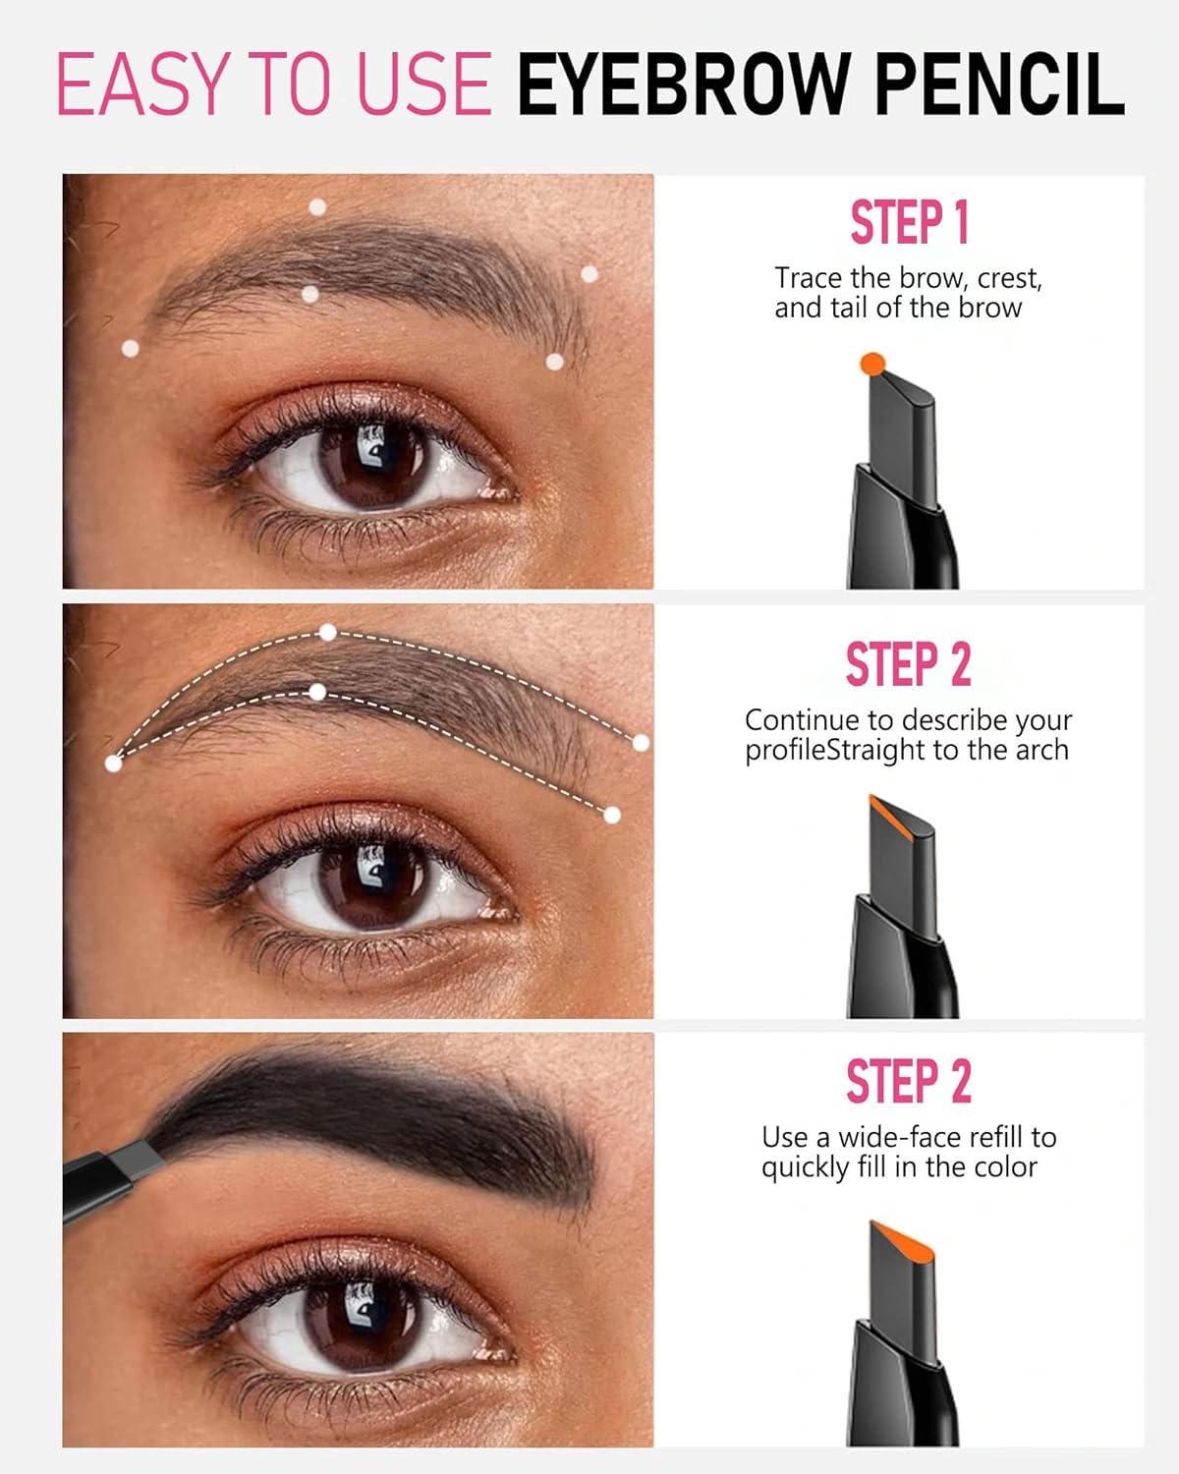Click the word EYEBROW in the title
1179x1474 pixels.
point(683,85)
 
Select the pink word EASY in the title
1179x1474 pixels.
point(145,85)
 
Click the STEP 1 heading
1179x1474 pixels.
point(909,222)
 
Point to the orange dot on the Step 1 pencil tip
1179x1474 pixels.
point(872,364)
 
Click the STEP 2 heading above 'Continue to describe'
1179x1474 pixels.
point(909,664)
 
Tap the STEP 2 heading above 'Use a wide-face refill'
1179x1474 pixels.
point(909,1082)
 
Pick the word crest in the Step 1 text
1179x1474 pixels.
point(1009,278)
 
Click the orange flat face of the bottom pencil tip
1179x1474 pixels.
point(902,1238)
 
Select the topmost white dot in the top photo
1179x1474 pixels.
point(317,206)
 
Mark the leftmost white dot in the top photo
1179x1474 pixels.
point(130,348)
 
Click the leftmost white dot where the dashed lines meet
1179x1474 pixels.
point(114,763)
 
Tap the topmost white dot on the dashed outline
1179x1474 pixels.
point(328,632)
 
